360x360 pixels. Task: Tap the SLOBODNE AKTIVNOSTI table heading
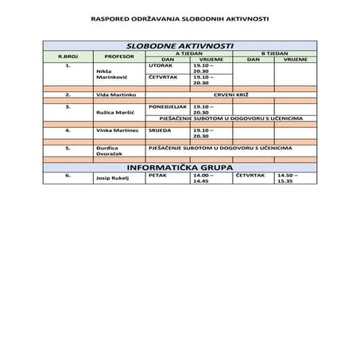[x=180, y=47]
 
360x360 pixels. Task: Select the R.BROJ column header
[x=68, y=56]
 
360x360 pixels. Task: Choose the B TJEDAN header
[x=274, y=53]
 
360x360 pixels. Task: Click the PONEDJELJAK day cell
[x=168, y=106]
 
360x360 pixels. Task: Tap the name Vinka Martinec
[x=118, y=130]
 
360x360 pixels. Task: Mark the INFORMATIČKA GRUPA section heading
[x=180, y=168]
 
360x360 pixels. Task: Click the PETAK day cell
[x=157, y=175]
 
